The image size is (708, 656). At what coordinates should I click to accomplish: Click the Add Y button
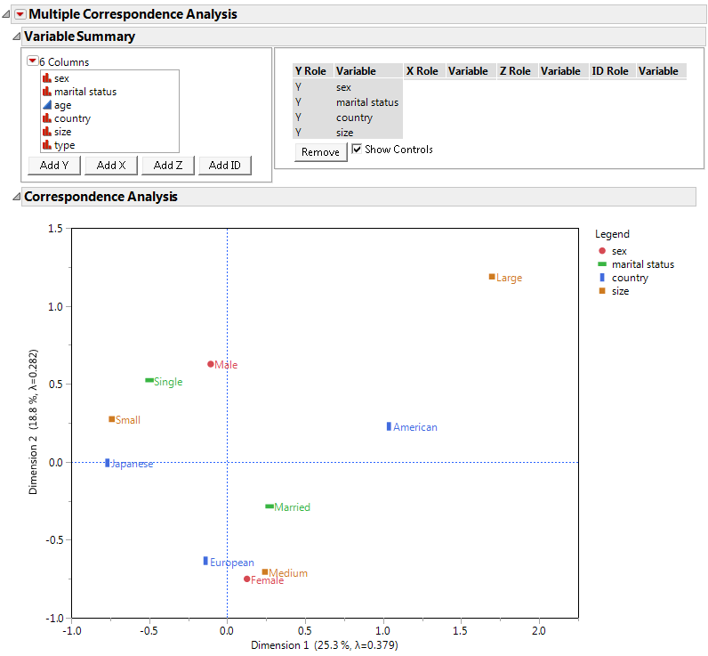(54, 166)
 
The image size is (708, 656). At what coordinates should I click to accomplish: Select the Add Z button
(168, 166)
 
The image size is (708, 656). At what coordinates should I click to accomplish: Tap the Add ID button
(225, 166)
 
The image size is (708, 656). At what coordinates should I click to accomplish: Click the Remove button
(320, 152)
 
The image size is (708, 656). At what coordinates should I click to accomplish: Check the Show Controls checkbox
(357, 150)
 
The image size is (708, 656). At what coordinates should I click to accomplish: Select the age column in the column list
(62, 105)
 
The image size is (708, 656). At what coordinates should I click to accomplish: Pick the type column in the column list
(64, 145)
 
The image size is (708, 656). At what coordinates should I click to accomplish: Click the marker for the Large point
(492, 277)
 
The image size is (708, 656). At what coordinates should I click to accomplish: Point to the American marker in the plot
(389, 426)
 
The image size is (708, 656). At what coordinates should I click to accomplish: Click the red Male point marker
(211, 364)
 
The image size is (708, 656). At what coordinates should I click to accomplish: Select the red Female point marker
(247, 579)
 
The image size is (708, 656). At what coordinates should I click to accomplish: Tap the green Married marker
(270, 506)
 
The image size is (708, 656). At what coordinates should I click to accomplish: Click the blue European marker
(205, 561)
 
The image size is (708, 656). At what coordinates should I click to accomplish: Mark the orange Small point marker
(112, 419)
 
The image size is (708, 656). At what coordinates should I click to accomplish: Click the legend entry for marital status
(642, 264)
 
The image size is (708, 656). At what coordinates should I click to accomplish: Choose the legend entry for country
(630, 278)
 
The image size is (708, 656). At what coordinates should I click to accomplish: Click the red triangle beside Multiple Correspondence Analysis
(20, 14)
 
